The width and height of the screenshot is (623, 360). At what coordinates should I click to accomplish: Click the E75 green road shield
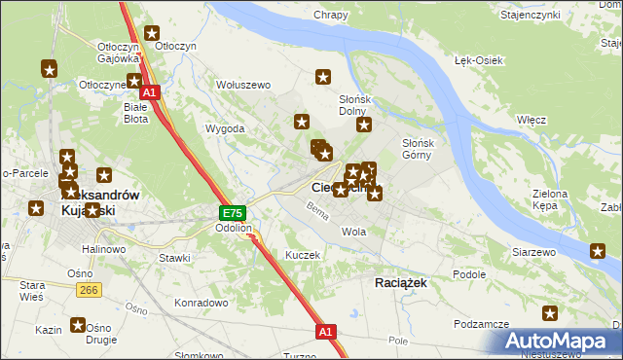tap(232, 213)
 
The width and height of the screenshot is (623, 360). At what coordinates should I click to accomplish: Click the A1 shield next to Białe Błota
tap(152, 93)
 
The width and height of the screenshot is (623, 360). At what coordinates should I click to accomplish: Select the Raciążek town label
tap(402, 281)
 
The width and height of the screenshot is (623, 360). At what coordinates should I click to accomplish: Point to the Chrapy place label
tap(331, 15)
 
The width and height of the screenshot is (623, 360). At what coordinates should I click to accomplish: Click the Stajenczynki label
tap(556, 16)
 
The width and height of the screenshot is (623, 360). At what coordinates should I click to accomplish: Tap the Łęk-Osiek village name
tap(478, 60)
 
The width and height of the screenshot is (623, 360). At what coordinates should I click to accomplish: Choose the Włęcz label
tap(531, 119)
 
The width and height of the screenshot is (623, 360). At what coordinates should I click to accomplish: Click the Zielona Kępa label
tap(549, 200)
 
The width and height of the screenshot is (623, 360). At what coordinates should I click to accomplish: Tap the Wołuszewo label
tap(242, 85)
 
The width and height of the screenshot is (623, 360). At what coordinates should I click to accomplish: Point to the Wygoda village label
tap(224, 128)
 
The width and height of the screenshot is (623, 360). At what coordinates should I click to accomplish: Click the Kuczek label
tap(302, 254)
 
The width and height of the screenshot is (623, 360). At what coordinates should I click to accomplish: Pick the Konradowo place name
tap(201, 303)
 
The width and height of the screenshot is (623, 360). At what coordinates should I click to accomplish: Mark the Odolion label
tap(234, 229)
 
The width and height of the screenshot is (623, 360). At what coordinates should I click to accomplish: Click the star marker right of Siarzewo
tap(598, 252)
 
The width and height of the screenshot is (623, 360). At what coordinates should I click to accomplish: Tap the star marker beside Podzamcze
tap(550, 313)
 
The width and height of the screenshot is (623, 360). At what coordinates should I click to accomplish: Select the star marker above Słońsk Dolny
tap(324, 77)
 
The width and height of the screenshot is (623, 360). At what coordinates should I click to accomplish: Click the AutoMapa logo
tap(560, 342)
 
